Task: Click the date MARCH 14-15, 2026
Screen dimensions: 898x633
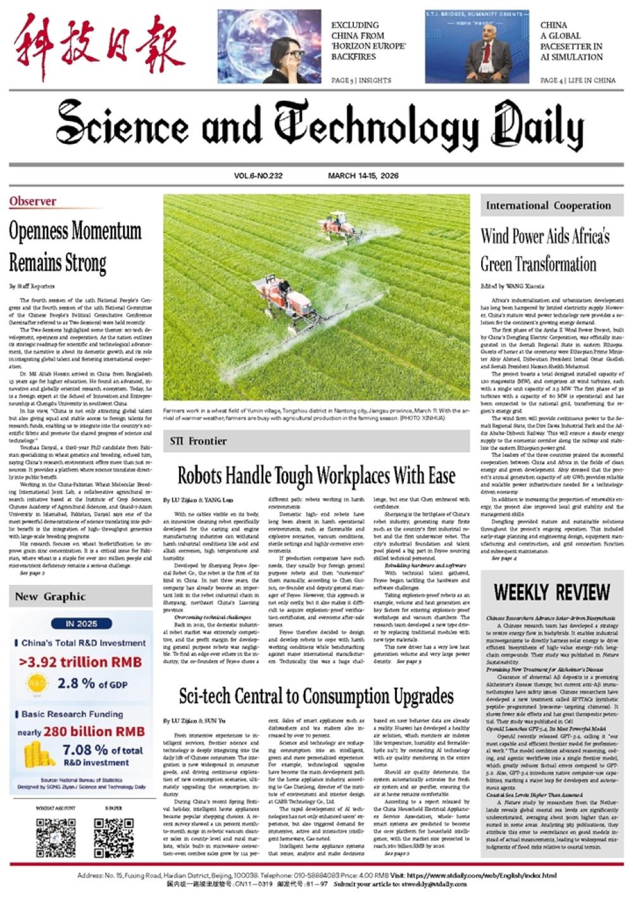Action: (x=363, y=176)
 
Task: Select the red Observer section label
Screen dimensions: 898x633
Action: (x=33, y=202)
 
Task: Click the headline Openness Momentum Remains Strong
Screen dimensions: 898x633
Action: (x=75, y=246)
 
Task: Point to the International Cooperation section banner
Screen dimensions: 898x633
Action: (x=548, y=205)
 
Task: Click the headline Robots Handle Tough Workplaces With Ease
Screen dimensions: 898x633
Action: (x=316, y=475)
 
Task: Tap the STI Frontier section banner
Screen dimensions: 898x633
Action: (x=199, y=441)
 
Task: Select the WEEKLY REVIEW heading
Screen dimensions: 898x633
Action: (x=551, y=593)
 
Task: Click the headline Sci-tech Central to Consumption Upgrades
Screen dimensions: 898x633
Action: (x=316, y=696)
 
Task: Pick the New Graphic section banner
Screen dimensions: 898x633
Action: (x=50, y=596)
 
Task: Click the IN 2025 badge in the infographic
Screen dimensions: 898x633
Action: (x=82, y=624)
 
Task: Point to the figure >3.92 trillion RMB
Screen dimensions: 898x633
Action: (x=80, y=662)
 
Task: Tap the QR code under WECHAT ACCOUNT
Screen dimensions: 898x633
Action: (x=56, y=838)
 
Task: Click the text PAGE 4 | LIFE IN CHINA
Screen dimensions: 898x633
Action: (x=577, y=80)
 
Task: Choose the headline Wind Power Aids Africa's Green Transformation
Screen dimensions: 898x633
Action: (x=545, y=250)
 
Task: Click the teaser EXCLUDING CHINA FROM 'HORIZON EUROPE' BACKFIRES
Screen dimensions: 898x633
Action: (x=368, y=41)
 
